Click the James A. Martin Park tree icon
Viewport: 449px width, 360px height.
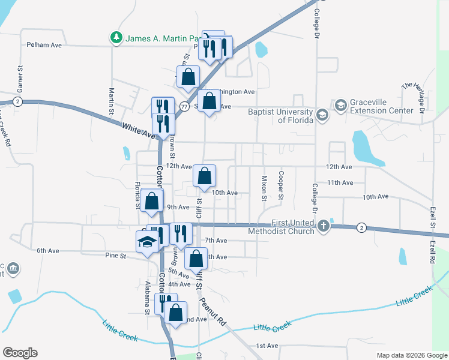[116, 38]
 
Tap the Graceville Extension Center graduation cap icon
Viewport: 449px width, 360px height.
[340, 106]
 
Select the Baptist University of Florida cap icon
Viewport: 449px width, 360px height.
[323, 115]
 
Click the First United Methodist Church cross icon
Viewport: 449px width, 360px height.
[324, 226]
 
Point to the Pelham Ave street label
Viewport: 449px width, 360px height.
[44, 45]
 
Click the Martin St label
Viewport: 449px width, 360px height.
[112, 101]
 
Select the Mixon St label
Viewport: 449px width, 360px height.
[264, 188]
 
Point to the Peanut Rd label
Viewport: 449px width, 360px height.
[212, 311]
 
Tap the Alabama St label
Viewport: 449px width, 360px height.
[146, 298]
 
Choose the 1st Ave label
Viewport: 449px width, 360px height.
[267, 346]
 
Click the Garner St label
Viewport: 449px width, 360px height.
[20, 79]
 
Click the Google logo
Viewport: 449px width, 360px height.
[20, 353]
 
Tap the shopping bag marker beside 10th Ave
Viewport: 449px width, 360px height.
[204, 176]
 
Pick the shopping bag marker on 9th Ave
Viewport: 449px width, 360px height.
[151, 202]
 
